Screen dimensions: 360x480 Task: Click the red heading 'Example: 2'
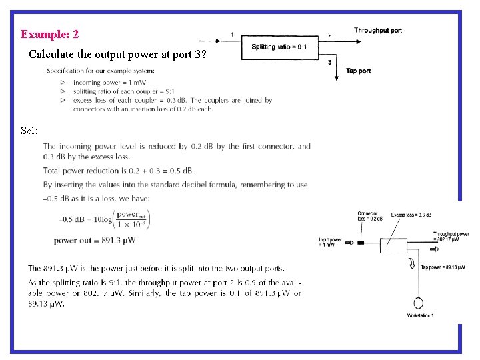(x=49, y=34)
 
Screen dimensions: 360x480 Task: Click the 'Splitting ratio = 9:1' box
(x=279, y=47)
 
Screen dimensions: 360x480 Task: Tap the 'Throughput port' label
(x=377, y=31)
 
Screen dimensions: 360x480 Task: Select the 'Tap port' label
(x=359, y=71)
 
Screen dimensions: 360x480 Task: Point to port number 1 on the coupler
(x=232, y=34)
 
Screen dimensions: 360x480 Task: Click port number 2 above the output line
(x=329, y=35)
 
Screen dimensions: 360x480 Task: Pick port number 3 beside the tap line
(x=330, y=62)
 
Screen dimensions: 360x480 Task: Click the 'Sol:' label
(x=29, y=129)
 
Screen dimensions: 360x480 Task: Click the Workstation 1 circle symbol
(x=419, y=301)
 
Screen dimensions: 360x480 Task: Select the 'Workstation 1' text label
(x=420, y=315)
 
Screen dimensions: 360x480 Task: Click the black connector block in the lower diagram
(x=361, y=243)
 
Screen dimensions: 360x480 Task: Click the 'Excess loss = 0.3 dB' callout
(x=411, y=215)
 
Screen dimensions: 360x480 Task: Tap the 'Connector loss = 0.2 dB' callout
(x=370, y=216)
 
